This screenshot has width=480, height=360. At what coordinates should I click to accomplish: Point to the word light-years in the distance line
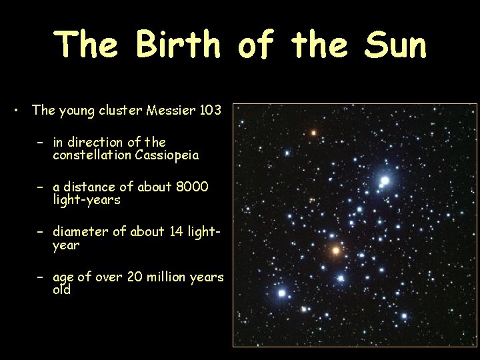pos(87,199)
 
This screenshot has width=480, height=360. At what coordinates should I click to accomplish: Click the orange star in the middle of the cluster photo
pos(336,251)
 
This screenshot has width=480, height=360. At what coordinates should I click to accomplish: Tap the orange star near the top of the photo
pos(313,133)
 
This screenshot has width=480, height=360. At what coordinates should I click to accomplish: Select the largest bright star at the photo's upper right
pos(385,181)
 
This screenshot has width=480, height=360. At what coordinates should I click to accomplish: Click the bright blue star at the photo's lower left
pos(282,293)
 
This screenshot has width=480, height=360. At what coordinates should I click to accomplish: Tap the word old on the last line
pos(61,290)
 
